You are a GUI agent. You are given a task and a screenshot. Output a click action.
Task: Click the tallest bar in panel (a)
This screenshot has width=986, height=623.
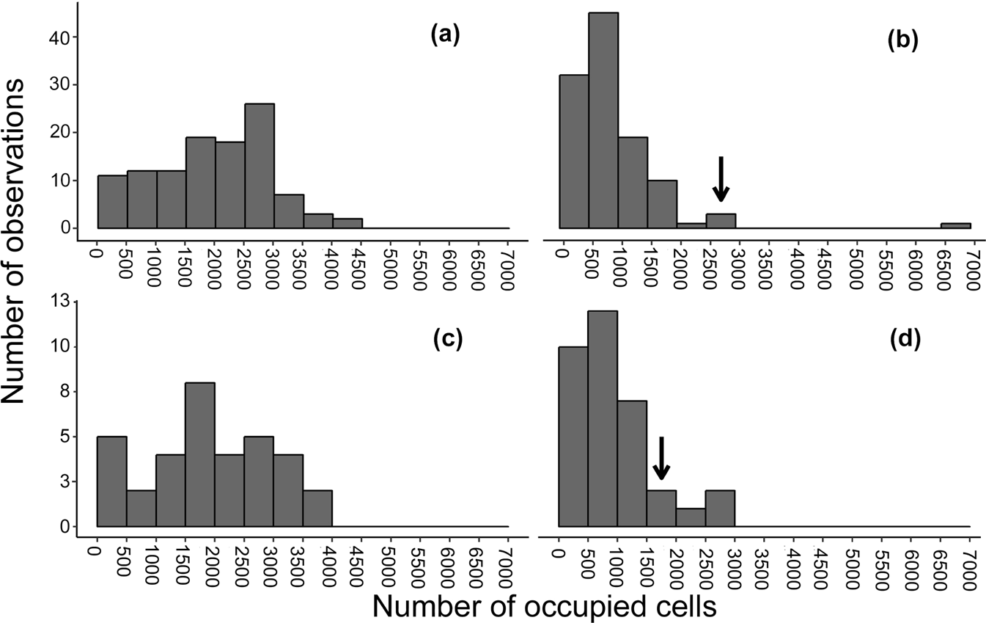260,166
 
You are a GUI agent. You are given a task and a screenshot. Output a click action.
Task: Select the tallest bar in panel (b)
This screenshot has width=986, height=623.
603,120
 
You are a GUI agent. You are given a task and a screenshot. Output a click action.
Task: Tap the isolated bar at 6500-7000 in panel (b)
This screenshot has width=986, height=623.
955,226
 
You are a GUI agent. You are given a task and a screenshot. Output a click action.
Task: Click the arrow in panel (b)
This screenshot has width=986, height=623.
721,180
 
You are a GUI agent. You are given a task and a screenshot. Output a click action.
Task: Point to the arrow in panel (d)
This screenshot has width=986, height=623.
661,459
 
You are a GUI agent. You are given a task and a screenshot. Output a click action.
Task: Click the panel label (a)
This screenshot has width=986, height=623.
444,36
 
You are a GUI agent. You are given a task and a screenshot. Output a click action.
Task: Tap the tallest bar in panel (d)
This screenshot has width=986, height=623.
603,418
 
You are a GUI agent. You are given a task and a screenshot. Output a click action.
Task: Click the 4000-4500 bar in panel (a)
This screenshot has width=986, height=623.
347,224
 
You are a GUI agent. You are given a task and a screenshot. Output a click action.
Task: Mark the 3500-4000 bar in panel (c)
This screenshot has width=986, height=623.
317,504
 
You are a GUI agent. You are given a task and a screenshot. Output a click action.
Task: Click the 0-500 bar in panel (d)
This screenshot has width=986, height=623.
573,437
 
